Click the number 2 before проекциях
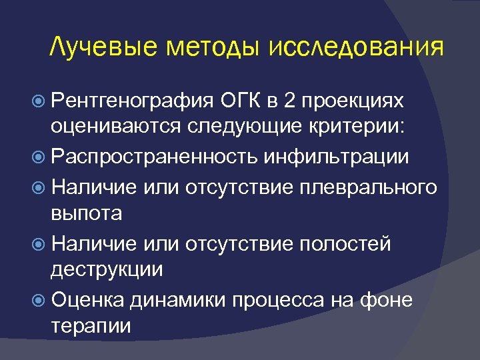pyautogui.click(x=289, y=101)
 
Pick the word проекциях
pyautogui.click(x=353, y=101)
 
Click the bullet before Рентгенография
pyautogui.click(x=40, y=101)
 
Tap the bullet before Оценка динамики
pyautogui.click(x=40, y=300)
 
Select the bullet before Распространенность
pyautogui.click(x=40, y=157)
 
